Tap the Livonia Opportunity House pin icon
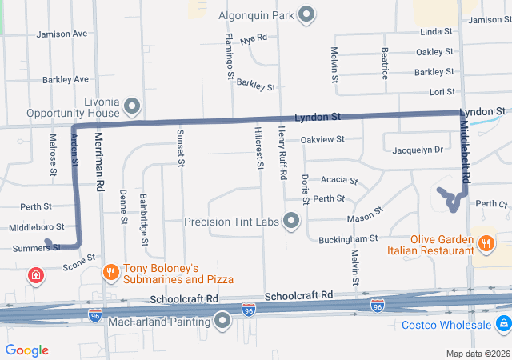click(x=133, y=106)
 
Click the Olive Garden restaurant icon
click(x=485, y=243)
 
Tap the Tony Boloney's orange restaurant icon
click(x=111, y=273)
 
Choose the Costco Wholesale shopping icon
click(x=503, y=323)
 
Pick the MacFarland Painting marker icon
click(x=222, y=322)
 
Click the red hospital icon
click(x=36, y=277)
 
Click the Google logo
click(x=26, y=350)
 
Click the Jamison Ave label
click(x=62, y=34)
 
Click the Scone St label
click(x=79, y=262)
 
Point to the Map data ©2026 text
click(x=476, y=354)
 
